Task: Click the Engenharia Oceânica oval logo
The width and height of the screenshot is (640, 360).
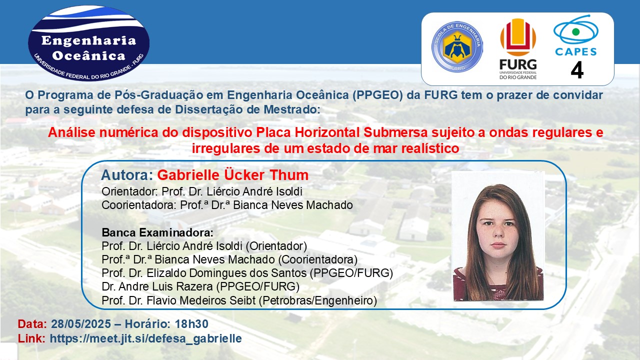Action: coord(88,43)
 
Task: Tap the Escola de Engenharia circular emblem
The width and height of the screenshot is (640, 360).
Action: coord(457,46)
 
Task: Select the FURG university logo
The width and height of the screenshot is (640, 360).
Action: coord(518,49)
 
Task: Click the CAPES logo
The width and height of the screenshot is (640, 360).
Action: coord(575,35)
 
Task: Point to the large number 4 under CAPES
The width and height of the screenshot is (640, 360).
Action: coord(577,70)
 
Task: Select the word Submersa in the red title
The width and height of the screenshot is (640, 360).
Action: coord(395,132)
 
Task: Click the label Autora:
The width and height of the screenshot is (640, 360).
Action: coord(127,175)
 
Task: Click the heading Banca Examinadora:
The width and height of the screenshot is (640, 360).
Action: coord(157,232)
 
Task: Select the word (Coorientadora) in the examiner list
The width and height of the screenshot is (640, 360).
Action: coord(317,259)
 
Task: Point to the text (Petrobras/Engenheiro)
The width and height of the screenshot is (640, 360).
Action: coord(318,300)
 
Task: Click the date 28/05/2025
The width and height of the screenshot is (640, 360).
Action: coord(81,324)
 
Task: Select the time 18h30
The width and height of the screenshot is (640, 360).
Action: coord(191,324)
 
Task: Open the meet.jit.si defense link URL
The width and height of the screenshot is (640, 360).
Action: coord(145,338)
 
